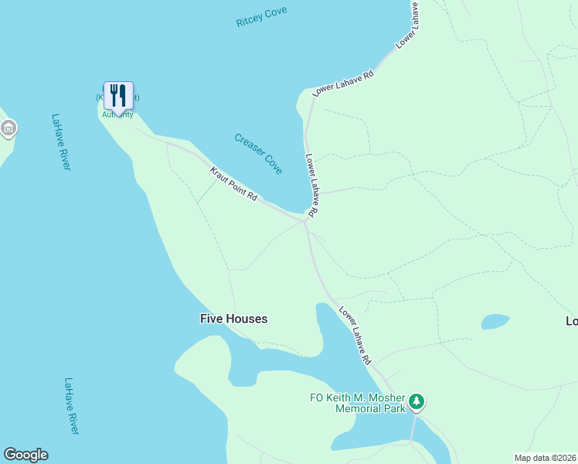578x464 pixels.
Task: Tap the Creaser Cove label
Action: coord(258,153)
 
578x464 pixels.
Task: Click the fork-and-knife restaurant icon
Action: coord(118,95)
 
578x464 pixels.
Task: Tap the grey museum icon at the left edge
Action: coord(8,128)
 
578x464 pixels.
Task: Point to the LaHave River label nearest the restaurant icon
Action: coord(60,142)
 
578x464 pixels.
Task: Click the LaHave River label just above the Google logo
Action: coord(72,405)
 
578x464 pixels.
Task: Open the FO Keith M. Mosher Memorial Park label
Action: coord(357,403)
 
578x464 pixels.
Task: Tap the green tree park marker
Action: coord(416,401)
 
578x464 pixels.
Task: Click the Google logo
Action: coord(25,455)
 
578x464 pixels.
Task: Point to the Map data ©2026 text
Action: coord(545,458)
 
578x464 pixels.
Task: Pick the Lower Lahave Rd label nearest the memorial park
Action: coord(355,335)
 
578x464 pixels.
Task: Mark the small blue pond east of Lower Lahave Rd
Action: coord(495,321)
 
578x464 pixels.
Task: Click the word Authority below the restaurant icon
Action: coord(117,114)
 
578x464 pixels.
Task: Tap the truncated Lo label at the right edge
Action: coord(571,321)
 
